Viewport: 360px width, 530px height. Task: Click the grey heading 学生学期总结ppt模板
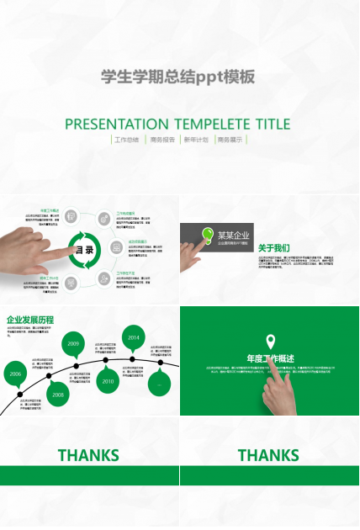[x=177, y=77]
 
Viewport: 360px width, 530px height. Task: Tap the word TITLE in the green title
[x=273, y=125]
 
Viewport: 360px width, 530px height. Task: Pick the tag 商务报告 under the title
[x=162, y=140]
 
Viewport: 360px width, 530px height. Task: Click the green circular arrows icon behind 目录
[x=85, y=250]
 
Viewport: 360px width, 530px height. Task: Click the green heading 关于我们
[x=273, y=248]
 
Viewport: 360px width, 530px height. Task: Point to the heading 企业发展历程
[x=30, y=320]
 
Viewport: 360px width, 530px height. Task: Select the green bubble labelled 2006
[x=15, y=374]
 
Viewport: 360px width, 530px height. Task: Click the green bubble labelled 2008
[x=57, y=394]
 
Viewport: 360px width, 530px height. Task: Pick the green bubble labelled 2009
[x=74, y=344]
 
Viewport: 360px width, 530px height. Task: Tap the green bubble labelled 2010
[x=108, y=381]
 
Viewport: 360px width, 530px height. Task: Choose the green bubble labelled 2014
[x=133, y=337]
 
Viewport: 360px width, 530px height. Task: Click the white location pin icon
[x=270, y=341]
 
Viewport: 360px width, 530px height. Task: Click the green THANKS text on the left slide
[x=88, y=456]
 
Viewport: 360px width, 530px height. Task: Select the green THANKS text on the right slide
[x=268, y=456]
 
